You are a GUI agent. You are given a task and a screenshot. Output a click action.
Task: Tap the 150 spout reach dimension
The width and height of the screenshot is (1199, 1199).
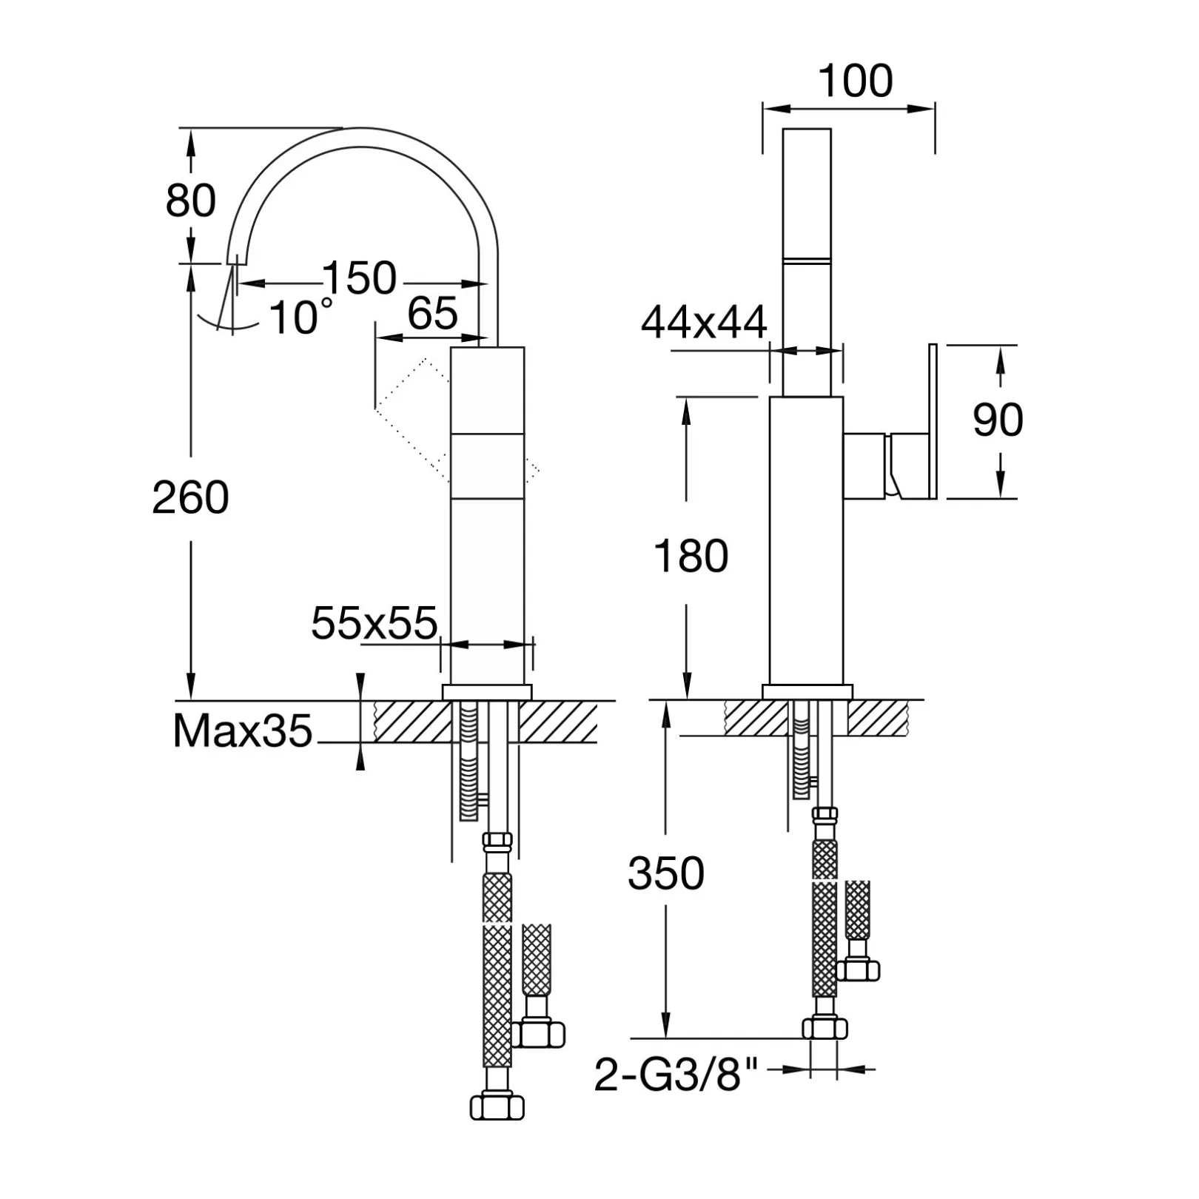(360, 278)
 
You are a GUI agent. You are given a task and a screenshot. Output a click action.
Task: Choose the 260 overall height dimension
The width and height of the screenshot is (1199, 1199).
(190, 497)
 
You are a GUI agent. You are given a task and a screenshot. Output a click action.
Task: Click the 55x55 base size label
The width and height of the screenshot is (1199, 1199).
(375, 623)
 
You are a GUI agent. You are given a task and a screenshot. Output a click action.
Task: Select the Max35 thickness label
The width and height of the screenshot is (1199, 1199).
(243, 731)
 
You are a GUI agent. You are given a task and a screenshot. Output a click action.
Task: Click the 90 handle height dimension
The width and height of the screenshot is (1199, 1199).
(998, 420)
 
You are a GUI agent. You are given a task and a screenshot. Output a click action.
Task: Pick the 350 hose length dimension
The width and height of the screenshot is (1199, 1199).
(665, 873)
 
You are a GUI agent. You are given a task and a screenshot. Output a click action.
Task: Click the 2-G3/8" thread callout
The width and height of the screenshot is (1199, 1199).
(676, 1075)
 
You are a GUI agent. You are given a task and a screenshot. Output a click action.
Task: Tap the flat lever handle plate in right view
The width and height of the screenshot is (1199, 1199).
(933, 421)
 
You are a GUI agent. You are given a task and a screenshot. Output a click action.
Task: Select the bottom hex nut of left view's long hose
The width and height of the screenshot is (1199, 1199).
(497, 1106)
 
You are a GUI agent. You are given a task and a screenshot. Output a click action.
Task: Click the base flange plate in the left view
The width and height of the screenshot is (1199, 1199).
(487, 692)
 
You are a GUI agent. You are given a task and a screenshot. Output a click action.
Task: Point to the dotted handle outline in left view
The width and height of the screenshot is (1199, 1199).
(457, 420)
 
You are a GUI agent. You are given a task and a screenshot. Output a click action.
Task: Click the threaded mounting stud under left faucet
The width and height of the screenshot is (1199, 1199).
(468, 760)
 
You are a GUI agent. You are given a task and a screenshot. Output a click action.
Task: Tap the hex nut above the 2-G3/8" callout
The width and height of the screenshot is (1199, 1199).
(825, 1029)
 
